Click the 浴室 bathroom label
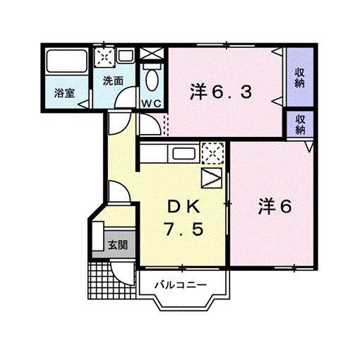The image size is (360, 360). (x=64, y=93)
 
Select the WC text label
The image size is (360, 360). (x=151, y=104)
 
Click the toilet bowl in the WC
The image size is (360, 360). (x=152, y=79)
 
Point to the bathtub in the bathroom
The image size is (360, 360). (x=66, y=61)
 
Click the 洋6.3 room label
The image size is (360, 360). (x=221, y=92)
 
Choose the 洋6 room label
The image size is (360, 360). (x=275, y=206)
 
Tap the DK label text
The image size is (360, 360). (x=184, y=206)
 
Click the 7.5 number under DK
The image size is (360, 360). (x=184, y=229)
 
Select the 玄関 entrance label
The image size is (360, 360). (x=118, y=245)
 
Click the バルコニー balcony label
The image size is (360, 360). (x=181, y=285)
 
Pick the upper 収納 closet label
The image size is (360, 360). (x=300, y=78)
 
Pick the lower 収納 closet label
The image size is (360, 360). (x=300, y=124)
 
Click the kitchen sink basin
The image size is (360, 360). (x=184, y=154)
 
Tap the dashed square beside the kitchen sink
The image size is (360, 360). (x=212, y=153)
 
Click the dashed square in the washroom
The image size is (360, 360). (x=104, y=56)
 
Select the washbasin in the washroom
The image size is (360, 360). (x=126, y=56)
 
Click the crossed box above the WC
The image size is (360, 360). (x=152, y=54)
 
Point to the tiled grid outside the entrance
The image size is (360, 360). (x=112, y=280)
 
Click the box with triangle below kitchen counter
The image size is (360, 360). (x=212, y=178)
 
